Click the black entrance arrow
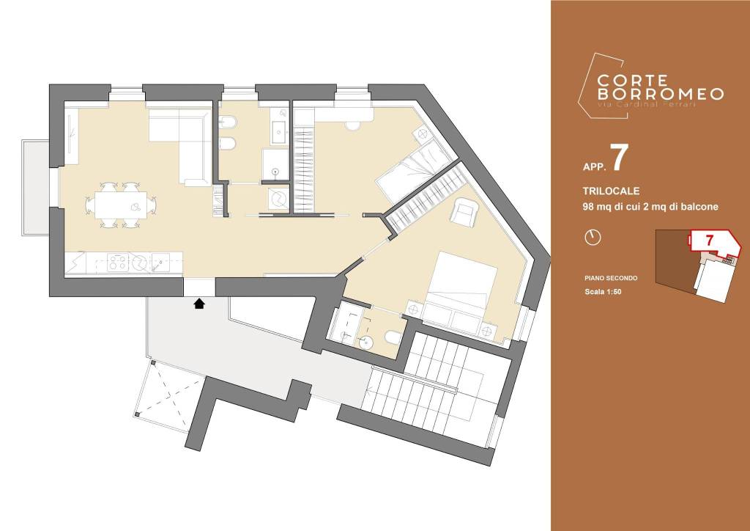click(199, 304)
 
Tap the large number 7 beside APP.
click(619, 158)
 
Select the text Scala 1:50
click(603, 292)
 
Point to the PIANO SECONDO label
click(611, 278)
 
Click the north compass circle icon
click(593, 237)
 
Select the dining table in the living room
click(121, 205)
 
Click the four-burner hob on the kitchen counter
click(117, 263)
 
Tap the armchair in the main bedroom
click(464, 212)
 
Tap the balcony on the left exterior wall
click(35, 187)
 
